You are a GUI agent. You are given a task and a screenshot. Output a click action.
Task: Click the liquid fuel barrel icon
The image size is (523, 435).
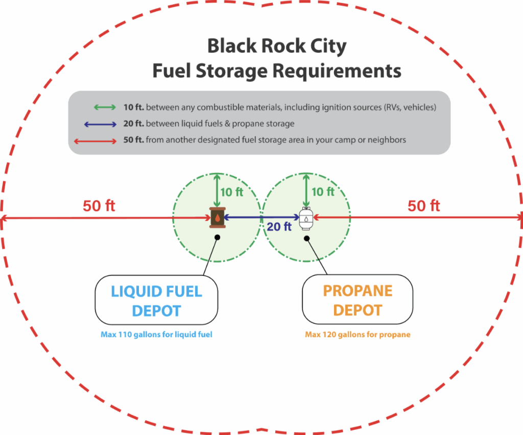click(x=218, y=218)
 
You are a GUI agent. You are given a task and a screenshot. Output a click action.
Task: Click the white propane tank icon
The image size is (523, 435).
click(x=305, y=219)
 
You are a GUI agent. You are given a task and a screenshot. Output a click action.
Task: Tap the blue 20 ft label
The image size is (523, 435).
click(x=279, y=227)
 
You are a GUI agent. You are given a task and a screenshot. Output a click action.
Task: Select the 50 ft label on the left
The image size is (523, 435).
click(x=99, y=206)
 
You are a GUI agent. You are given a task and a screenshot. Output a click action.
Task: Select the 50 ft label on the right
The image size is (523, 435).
click(x=424, y=206)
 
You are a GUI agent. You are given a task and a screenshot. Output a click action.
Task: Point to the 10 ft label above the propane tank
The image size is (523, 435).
click(x=323, y=192)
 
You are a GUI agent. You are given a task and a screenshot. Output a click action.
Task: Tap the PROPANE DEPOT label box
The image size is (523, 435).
click(x=358, y=300)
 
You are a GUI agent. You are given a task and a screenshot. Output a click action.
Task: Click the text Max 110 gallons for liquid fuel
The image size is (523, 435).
click(x=156, y=335)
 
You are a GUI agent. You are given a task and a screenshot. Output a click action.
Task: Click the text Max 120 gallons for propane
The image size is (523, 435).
click(x=358, y=335)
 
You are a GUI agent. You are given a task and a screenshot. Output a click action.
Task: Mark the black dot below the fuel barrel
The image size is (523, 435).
click(x=218, y=238)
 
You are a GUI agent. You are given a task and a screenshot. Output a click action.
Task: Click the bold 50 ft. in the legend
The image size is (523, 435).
click(x=133, y=140)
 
